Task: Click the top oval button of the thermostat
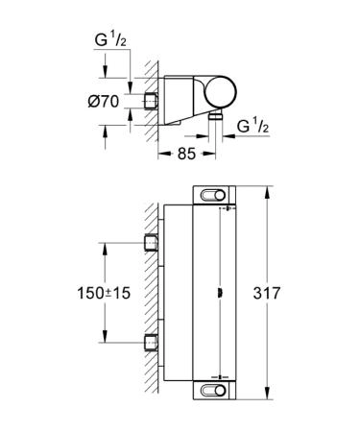click(x=213, y=195)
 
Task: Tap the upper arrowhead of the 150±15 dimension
click(x=104, y=244)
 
